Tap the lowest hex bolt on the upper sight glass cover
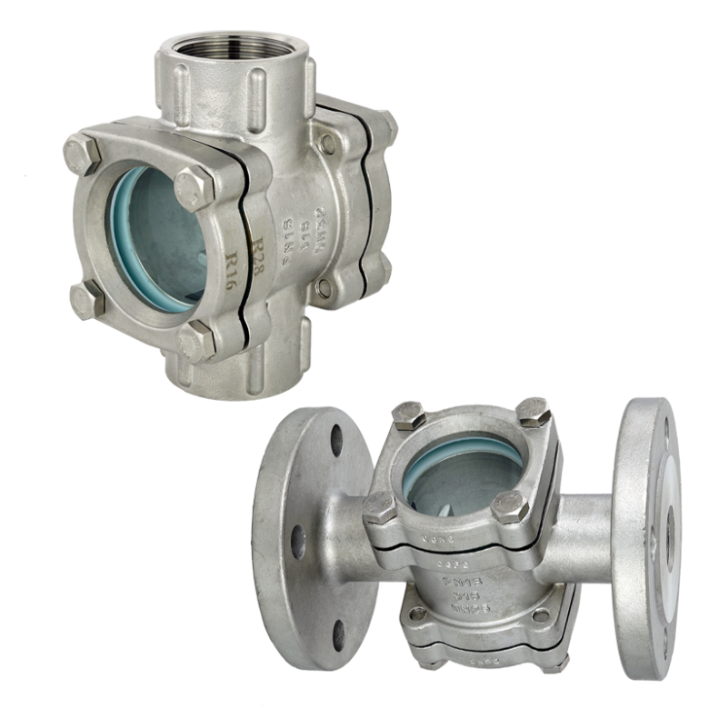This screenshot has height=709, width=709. (196, 341)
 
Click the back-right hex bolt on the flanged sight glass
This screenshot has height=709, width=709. (534, 412)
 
